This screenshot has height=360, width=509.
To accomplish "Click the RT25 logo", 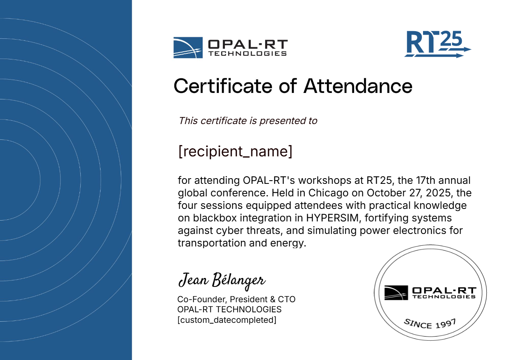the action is [x=438, y=44].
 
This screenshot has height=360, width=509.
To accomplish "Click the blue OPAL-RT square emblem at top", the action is [x=188, y=48].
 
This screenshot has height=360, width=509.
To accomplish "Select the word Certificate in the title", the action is [x=223, y=86].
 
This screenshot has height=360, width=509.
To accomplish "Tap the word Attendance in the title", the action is [x=358, y=86].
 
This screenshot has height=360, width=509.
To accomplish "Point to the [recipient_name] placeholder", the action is [x=235, y=151].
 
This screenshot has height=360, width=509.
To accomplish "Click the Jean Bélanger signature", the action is [x=222, y=281].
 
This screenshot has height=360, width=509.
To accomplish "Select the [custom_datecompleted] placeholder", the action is [x=227, y=320].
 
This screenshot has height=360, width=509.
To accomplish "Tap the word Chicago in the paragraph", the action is [x=328, y=193].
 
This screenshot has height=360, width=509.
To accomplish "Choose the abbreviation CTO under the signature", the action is [x=287, y=299].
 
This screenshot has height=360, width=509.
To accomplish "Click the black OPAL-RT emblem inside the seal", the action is [x=396, y=293].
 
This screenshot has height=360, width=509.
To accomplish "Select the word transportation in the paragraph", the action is [x=212, y=243].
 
